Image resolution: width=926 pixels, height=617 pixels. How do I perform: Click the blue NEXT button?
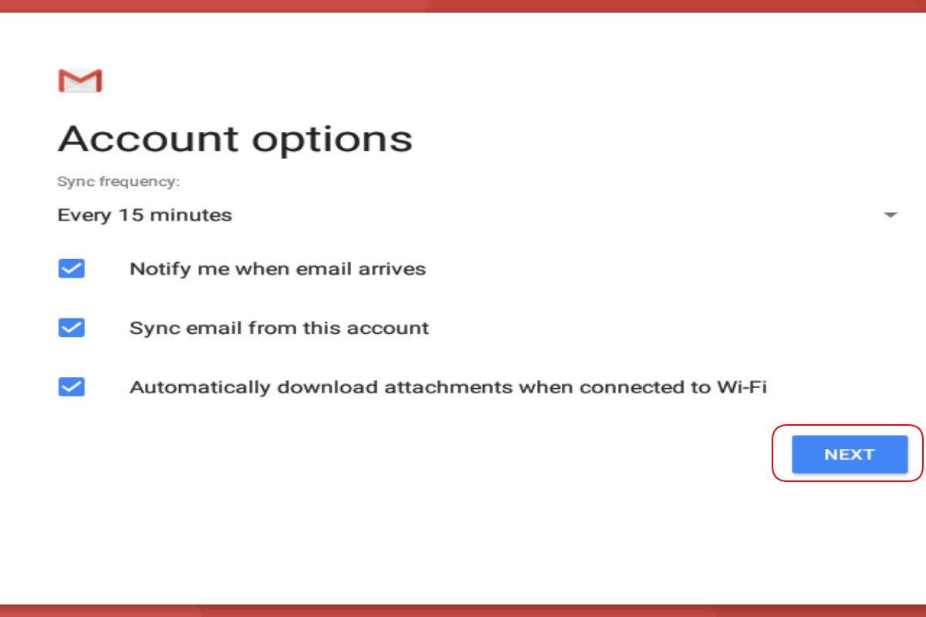(x=850, y=454)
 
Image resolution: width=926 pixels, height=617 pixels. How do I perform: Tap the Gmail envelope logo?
(x=80, y=80)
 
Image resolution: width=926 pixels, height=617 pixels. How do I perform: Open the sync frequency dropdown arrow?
(x=890, y=214)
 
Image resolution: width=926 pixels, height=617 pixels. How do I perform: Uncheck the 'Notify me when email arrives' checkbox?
(x=72, y=268)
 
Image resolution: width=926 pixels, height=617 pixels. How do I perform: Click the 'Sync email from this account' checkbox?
(x=72, y=328)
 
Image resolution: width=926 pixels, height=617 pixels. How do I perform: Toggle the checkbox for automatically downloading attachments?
(x=72, y=387)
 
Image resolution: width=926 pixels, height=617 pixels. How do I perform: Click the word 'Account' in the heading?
(x=148, y=140)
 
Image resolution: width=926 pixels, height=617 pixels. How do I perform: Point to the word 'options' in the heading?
(x=333, y=141)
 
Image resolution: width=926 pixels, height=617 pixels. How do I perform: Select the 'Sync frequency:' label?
(x=119, y=181)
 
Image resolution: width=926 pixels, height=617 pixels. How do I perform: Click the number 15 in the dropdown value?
(x=130, y=215)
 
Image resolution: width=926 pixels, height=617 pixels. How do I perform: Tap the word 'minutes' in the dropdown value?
(x=191, y=215)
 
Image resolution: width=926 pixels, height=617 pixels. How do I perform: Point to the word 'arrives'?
(x=392, y=269)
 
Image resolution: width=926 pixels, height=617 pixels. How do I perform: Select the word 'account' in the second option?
(x=387, y=328)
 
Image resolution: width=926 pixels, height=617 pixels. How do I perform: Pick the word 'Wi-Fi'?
(x=742, y=387)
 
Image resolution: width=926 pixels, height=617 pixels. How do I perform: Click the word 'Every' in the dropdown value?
(x=84, y=216)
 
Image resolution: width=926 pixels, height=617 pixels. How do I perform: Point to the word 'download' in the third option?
(x=327, y=387)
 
